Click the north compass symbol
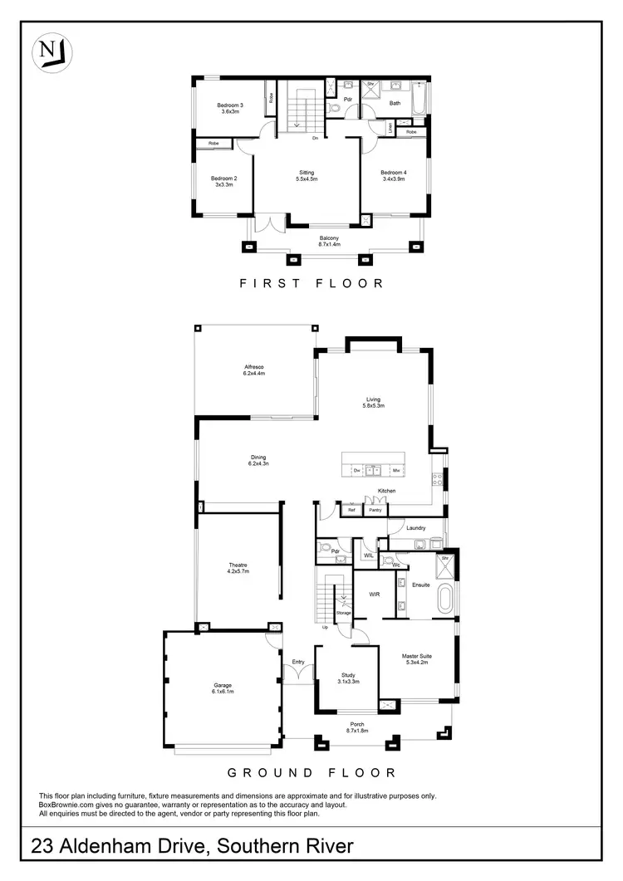52,51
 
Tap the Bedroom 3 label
230,108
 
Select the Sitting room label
307,175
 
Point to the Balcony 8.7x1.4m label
330,242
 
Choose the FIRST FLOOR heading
311,283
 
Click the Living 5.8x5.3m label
372,403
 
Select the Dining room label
258,460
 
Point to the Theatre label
239,569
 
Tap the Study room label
349,678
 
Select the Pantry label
375,510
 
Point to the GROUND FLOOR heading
311,773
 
